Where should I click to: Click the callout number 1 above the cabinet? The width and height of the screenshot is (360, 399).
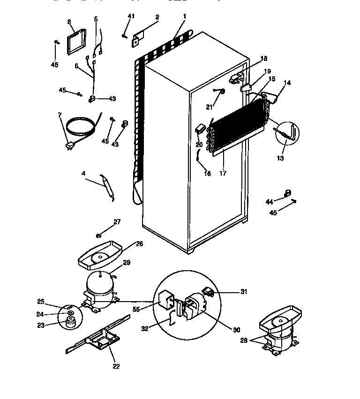point(185,16)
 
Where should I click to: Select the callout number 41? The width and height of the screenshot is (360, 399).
point(131,16)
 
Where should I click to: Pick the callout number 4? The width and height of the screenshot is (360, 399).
point(83,174)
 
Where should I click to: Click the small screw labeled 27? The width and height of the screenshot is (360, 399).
point(99,235)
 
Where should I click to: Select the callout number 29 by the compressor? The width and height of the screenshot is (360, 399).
point(127,264)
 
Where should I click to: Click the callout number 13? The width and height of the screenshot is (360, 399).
point(281,158)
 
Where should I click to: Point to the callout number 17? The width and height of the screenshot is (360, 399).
point(223,173)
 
